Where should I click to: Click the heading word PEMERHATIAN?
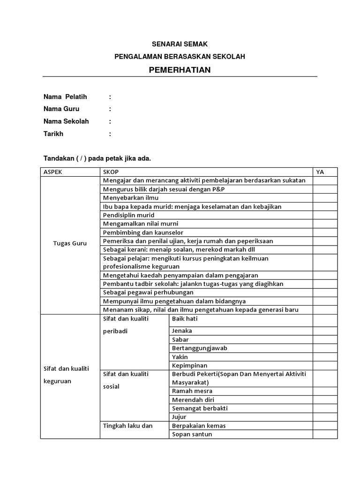(x=180, y=70)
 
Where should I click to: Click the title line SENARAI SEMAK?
(x=180, y=44)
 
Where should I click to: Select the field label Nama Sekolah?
(x=66, y=121)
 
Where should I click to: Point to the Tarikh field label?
(x=53, y=134)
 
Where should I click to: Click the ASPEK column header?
(x=53, y=172)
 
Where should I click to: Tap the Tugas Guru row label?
(x=70, y=243)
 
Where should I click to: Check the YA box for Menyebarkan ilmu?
(x=325, y=198)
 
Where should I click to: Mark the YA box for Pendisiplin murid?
(x=325, y=215)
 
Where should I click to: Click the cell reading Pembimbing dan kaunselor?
(x=143, y=232)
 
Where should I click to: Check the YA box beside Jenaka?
(x=325, y=331)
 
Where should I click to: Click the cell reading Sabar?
(x=180, y=339)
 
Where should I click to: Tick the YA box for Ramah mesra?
(x=325, y=391)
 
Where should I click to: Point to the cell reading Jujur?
(x=179, y=417)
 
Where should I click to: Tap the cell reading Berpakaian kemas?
(x=199, y=426)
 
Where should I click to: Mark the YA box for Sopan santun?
(x=325, y=434)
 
